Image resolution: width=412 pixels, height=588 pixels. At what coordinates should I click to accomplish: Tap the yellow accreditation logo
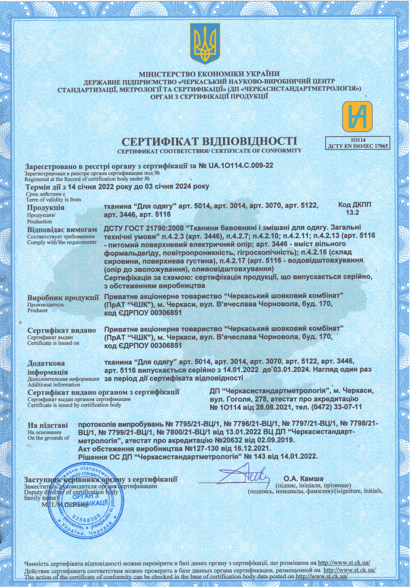[x=358, y=117]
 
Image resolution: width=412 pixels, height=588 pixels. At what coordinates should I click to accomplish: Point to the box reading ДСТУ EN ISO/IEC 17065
[x=358, y=145]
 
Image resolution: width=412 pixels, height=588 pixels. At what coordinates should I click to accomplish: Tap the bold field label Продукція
[x=46, y=207]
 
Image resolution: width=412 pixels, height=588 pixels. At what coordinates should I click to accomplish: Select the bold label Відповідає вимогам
[x=62, y=229]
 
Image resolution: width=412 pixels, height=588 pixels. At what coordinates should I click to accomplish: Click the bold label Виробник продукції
[x=63, y=298]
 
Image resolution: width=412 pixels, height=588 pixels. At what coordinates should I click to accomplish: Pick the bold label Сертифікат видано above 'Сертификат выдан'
[x=61, y=331]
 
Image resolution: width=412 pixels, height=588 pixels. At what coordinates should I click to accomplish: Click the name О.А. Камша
[x=303, y=478]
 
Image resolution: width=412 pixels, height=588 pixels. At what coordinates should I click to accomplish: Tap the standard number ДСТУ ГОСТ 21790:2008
[x=142, y=228]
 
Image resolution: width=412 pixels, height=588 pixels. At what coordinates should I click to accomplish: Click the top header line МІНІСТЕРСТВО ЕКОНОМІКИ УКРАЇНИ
[x=209, y=74]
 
